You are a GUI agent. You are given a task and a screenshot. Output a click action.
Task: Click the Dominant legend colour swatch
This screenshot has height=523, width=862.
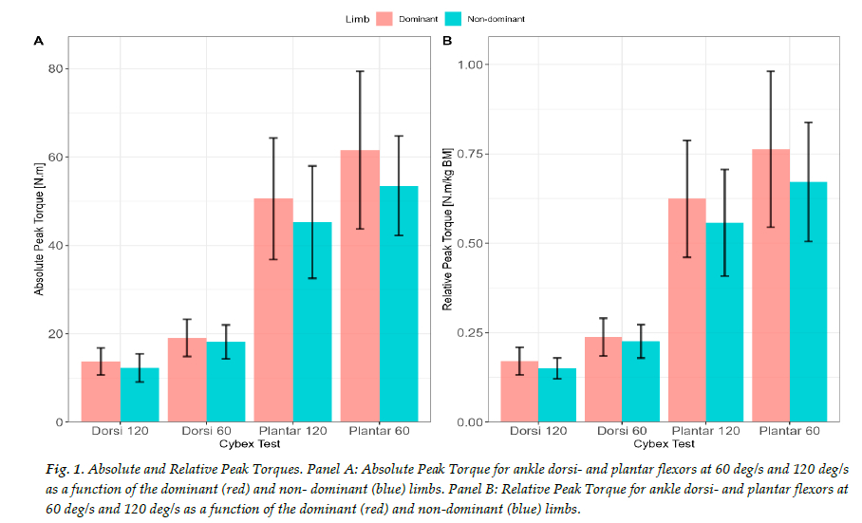click(x=384, y=18)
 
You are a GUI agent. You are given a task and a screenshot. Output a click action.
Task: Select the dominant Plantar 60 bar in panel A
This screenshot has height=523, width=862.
click(x=360, y=285)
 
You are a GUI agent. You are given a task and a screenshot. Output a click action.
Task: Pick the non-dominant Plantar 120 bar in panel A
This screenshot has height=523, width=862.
click(x=312, y=323)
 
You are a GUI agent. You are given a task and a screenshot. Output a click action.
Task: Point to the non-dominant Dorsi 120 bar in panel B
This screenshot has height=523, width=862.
click(x=557, y=395)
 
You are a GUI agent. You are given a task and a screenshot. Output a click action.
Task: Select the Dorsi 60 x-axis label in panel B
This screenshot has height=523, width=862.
click(x=622, y=432)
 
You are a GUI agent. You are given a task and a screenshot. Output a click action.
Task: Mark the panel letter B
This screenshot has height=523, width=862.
click(x=447, y=41)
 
